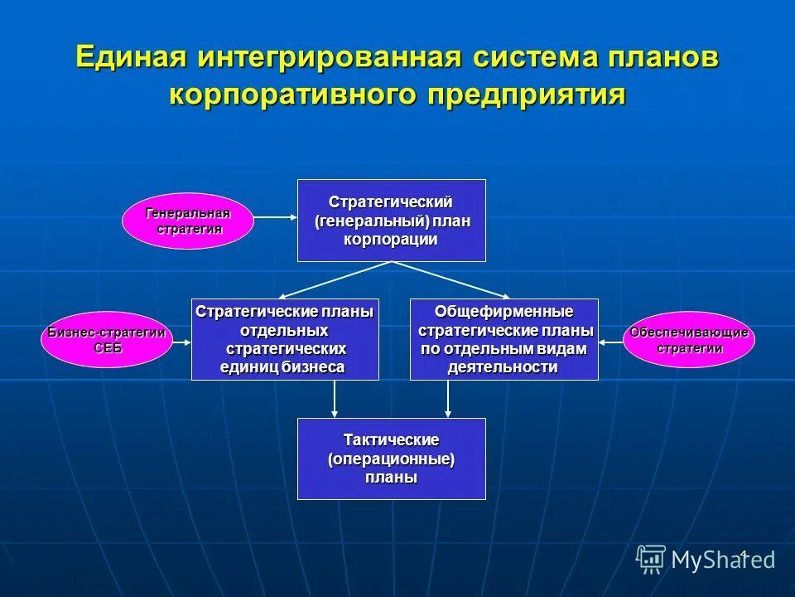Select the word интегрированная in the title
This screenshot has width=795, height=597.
[x=329, y=57]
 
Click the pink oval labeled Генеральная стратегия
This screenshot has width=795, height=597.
[x=188, y=221]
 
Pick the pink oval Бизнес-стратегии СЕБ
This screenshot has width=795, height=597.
[x=107, y=340]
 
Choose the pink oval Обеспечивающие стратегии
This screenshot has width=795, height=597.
[x=689, y=340]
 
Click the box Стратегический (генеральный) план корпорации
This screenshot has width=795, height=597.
[x=391, y=221]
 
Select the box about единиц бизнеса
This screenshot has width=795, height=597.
[x=285, y=339]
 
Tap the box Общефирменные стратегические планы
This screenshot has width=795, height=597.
[x=503, y=339]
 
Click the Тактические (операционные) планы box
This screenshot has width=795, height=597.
[x=391, y=458]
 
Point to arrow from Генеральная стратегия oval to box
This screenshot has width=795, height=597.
[x=274, y=217]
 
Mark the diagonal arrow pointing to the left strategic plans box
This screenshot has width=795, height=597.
[x=335, y=279]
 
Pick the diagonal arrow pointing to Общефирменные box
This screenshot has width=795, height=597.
[x=451, y=279]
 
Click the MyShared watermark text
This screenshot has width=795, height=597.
[x=722, y=560]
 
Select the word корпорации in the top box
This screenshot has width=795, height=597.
[x=391, y=240]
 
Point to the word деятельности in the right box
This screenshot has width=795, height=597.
[x=503, y=367]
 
